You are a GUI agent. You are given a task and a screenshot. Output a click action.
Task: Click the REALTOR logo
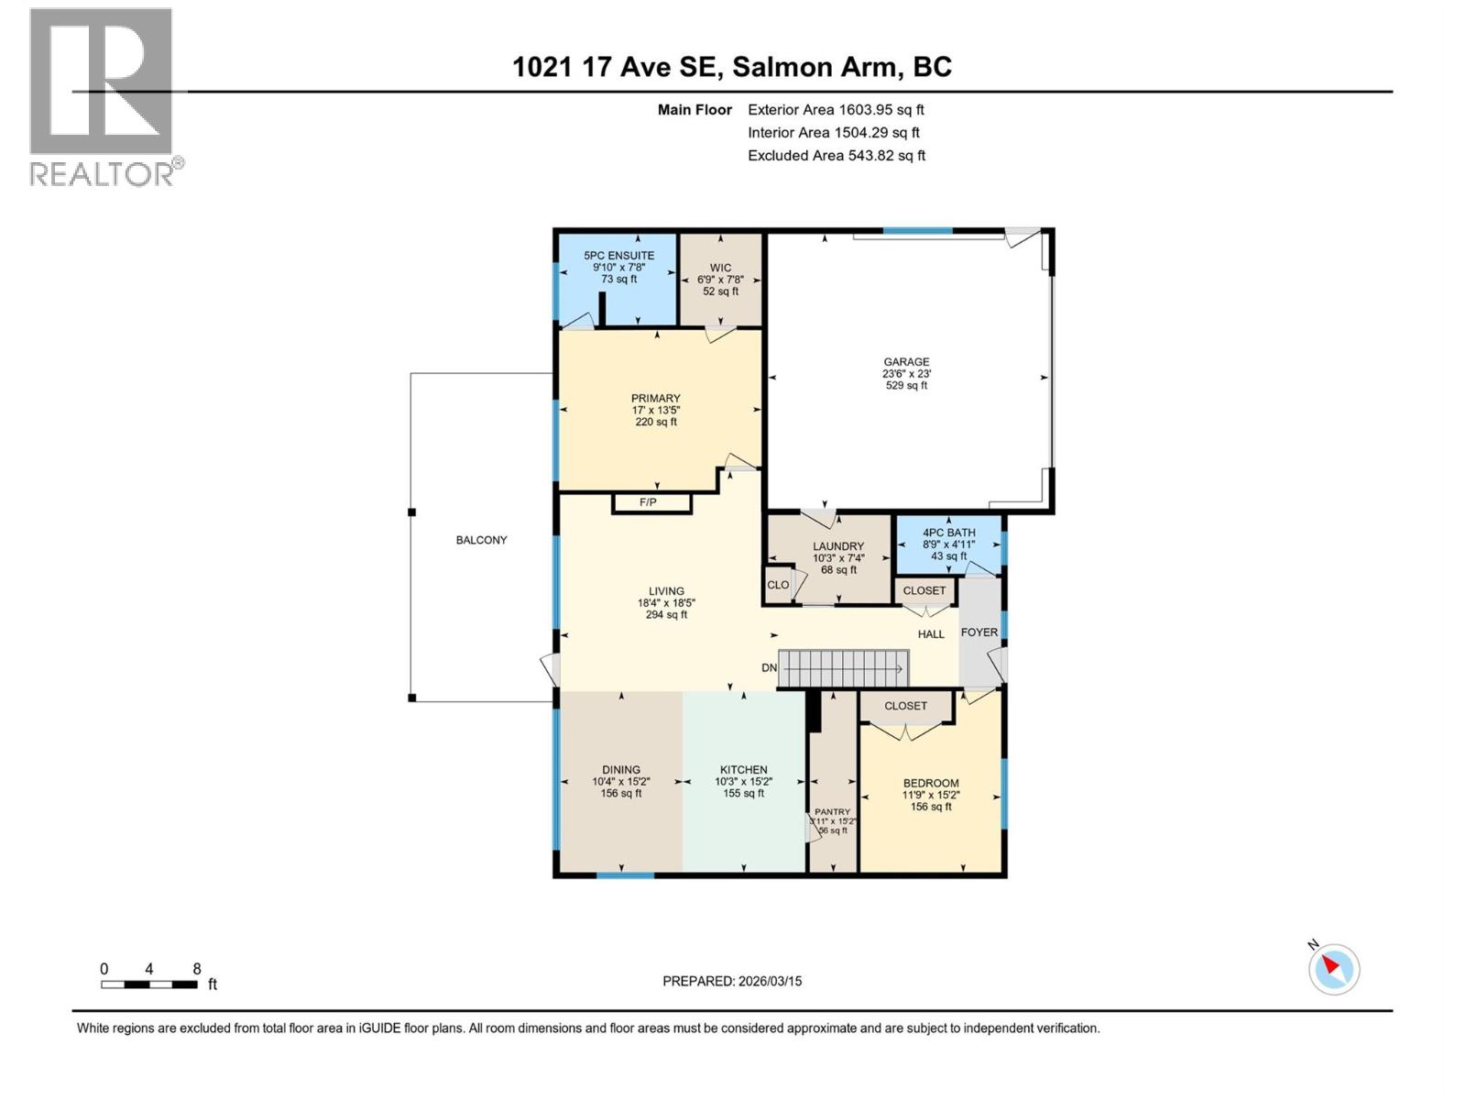(102, 96)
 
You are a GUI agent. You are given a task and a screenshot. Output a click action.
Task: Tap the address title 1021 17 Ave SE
(731, 67)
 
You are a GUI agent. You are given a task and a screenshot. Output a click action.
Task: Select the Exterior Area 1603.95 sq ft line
(836, 109)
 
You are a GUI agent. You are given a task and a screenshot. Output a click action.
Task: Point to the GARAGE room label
(906, 362)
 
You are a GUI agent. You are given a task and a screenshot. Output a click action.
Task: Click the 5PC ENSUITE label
(619, 256)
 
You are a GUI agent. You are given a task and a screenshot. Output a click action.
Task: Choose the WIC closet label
(720, 268)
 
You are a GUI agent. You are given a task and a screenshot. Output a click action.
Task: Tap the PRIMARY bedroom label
(656, 399)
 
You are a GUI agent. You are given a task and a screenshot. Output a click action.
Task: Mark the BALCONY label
(482, 540)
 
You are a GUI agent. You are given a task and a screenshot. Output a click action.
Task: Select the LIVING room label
(667, 591)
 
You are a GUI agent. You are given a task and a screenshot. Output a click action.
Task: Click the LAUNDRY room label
(838, 546)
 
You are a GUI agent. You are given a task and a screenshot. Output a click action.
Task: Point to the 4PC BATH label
(949, 533)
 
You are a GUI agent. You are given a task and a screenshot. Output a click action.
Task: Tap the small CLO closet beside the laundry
(778, 585)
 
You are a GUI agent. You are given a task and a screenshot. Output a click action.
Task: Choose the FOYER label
(979, 632)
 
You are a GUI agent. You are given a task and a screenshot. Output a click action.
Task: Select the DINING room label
(621, 770)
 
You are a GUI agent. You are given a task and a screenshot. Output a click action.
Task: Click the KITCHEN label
(744, 770)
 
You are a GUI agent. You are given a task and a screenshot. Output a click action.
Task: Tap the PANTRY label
(833, 812)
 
